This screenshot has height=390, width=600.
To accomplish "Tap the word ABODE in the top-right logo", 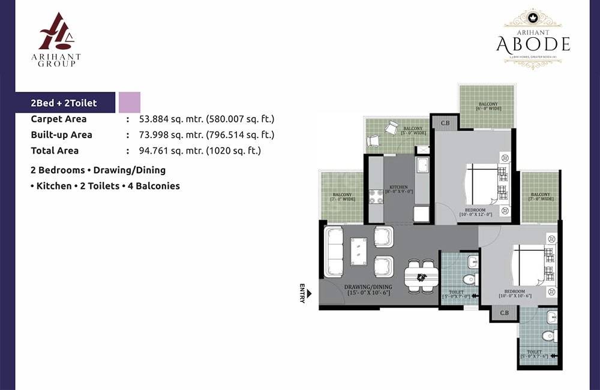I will [533, 43].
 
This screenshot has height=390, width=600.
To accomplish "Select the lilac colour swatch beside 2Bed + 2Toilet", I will [130, 103].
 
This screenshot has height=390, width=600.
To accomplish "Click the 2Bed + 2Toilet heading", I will [64, 103].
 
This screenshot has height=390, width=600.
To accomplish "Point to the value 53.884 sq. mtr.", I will [171, 119].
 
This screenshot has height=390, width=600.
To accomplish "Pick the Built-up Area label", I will [61, 135].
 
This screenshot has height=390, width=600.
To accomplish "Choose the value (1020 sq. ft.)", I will [233, 151].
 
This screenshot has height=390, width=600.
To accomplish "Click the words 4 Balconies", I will [154, 186].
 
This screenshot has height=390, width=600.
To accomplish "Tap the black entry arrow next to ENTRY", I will [310, 294].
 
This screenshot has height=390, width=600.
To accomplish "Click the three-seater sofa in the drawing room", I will [334, 252].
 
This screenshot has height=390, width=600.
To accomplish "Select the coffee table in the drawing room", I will [359, 251].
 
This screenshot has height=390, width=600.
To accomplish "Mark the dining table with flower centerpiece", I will [421, 277].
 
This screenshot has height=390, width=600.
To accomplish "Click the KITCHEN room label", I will [398, 188].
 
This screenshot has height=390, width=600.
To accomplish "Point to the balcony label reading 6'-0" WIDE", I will [487, 107].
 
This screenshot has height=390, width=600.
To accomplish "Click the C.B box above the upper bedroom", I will [445, 124].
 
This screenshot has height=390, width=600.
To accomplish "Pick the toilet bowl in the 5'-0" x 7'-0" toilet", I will [469, 279].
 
